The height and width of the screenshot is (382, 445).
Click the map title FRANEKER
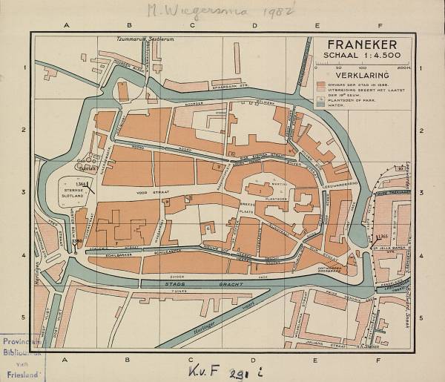[363, 45]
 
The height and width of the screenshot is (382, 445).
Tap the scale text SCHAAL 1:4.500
[363, 58]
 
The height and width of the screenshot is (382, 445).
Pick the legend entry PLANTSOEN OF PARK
[356, 99]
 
